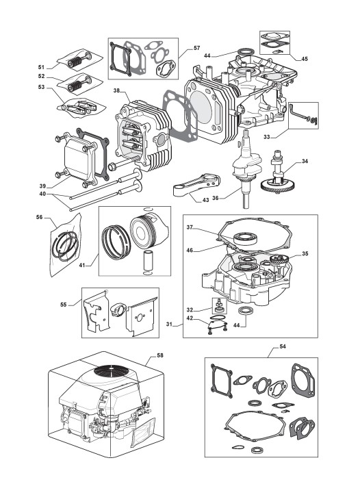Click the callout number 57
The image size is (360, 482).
[x=196, y=48]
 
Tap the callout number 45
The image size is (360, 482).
[x=304, y=59]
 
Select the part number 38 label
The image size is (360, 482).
[x=116, y=90]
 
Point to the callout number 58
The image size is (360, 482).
[x=160, y=355]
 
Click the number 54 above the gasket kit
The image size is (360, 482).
[x=283, y=346]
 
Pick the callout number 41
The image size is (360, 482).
[x=81, y=265]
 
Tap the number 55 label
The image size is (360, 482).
[x=63, y=305]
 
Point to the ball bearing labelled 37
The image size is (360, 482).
[x=245, y=239]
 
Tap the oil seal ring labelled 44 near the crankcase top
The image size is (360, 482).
[x=245, y=51]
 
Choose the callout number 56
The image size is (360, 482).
[x=39, y=217]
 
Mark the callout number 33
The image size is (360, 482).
[x=267, y=137]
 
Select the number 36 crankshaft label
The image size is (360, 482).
[x=216, y=199]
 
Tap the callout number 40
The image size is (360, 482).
[x=42, y=194]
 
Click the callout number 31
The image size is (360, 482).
[x=169, y=324]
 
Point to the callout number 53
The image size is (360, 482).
[x=41, y=87]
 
